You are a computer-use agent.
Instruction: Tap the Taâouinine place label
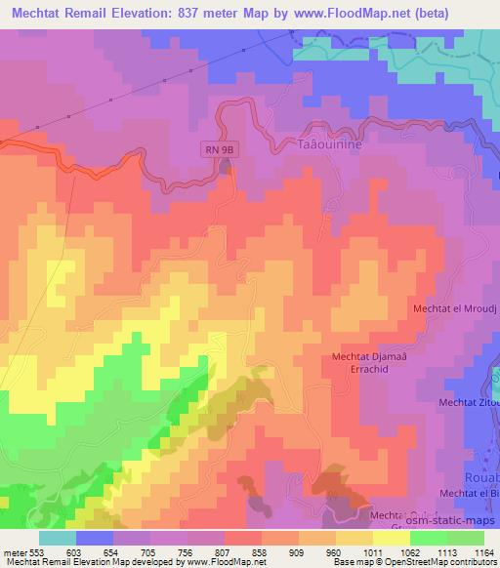(x=323, y=142)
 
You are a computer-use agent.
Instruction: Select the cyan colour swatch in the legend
(x=58, y=539)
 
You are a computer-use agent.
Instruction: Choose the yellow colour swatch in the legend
(x=391, y=539)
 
